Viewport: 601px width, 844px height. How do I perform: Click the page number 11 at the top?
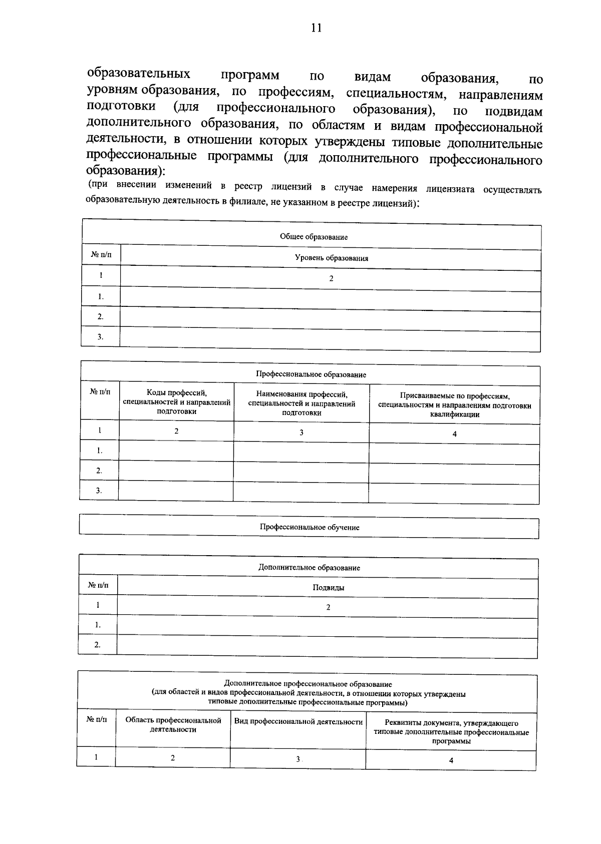(x=316, y=28)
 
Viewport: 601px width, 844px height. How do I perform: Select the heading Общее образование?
(x=314, y=237)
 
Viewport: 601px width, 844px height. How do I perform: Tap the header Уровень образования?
(x=331, y=258)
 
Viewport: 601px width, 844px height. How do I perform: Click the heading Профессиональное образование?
(x=311, y=374)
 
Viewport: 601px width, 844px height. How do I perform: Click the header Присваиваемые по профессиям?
(x=454, y=405)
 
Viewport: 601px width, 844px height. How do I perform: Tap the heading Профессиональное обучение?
(x=309, y=527)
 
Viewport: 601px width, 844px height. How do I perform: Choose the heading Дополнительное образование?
(x=309, y=568)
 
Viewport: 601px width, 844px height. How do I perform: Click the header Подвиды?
(x=328, y=588)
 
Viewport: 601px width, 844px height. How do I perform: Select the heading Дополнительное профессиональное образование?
(x=308, y=684)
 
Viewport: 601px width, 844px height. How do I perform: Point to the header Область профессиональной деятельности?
(x=173, y=725)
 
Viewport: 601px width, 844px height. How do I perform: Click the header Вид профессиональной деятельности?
(x=298, y=721)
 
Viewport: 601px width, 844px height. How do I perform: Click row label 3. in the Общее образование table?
(x=100, y=337)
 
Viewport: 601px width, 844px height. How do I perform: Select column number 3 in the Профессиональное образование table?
(x=301, y=433)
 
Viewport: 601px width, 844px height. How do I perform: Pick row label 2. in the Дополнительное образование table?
(x=97, y=645)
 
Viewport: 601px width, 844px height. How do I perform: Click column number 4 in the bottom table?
(x=451, y=760)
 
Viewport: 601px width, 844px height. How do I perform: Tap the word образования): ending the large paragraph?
(x=126, y=170)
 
